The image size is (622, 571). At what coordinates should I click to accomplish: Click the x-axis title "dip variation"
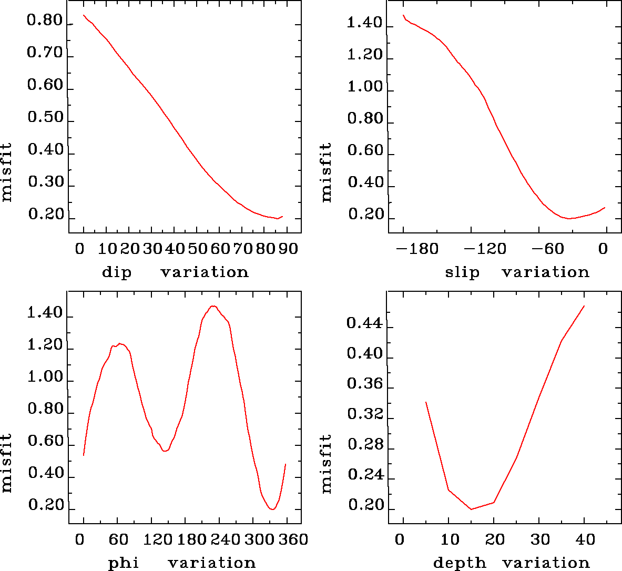(x=175, y=272)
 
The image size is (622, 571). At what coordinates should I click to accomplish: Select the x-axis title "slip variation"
(x=517, y=272)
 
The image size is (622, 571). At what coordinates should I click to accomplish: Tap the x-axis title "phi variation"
(x=182, y=563)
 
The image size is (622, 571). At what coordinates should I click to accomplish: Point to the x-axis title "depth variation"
(x=511, y=563)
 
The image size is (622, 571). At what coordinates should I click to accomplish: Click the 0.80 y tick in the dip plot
(x=45, y=22)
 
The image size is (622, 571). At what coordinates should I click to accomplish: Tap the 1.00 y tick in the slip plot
(x=365, y=87)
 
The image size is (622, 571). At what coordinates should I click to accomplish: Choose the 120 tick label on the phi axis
(x=158, y=540)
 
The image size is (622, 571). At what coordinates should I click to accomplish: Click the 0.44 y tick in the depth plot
(x=364, y=323)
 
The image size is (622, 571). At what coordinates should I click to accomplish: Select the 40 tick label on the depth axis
(x=585, y=540)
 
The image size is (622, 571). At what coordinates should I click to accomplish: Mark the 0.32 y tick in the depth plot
(x=364, y=415)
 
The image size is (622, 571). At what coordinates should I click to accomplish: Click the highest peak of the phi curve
(x=213, y=306)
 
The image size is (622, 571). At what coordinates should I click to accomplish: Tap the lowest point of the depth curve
(x=471, y=509)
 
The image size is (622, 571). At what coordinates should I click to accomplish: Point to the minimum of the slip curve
(x=569, y=218)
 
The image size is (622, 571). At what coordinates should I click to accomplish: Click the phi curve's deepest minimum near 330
(x=272, y=509)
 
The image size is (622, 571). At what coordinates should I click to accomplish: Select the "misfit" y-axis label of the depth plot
(x=327, y=463)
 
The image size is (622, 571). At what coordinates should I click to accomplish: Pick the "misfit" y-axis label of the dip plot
(x=6, y=172)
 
